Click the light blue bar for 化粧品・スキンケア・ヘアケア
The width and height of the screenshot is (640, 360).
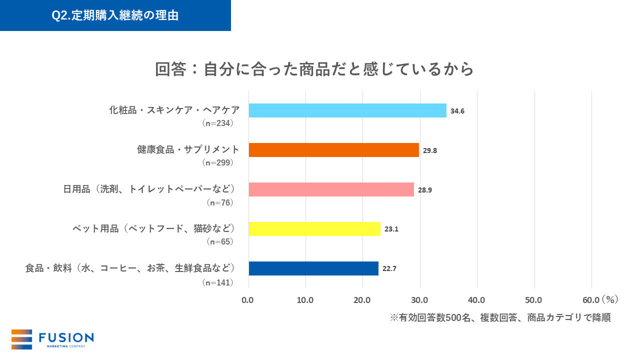click(347, 110)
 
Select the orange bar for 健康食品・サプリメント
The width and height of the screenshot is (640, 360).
click(333, 150)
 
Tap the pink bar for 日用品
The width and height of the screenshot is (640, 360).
click(331, 189)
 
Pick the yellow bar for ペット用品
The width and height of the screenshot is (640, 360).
click(314, 229)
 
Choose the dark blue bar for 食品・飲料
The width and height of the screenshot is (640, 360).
click(313, 268)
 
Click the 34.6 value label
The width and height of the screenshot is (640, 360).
click(457, 111)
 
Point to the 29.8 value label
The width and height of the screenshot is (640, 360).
click(430, 150)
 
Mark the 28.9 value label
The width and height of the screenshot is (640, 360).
click(425, 190)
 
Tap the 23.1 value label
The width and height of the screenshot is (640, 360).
click(391, 229)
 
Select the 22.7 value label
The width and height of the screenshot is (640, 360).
click(389, 269)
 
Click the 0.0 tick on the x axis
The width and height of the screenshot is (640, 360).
click(248, 300)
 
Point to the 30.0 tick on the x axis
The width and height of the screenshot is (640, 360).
click(419, 300)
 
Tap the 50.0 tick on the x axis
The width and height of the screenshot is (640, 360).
click(534, 300)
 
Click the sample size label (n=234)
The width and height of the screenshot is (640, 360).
click(218, 123)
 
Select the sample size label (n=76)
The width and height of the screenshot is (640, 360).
click(220, 202)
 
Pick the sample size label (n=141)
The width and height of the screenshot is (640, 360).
click(218, 282)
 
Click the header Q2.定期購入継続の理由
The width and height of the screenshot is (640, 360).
click(115, 15)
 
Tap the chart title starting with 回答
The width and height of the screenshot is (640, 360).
click(314, 69)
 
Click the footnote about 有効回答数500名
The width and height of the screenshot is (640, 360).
click(500, 318)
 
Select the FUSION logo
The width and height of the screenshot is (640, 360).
click(52, 339)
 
